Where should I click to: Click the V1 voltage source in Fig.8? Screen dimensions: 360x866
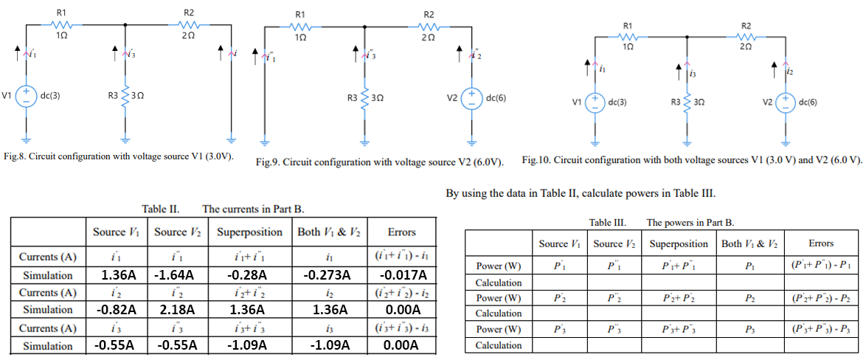click(27, 97)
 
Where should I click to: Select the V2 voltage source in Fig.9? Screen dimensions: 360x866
click(471, 98)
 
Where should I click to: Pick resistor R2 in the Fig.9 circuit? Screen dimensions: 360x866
click(429, 24)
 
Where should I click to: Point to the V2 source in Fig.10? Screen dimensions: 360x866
click(787, 102)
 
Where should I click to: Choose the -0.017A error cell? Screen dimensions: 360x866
click(401, 275)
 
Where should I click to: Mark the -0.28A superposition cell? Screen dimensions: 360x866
click(249, 275)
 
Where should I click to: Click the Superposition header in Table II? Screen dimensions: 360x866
click(249, 232)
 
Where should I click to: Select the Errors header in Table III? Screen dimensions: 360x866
click(820, 243)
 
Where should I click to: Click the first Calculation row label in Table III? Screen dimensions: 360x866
click(499, 283)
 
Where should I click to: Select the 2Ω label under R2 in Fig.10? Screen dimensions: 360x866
click(745, 46)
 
